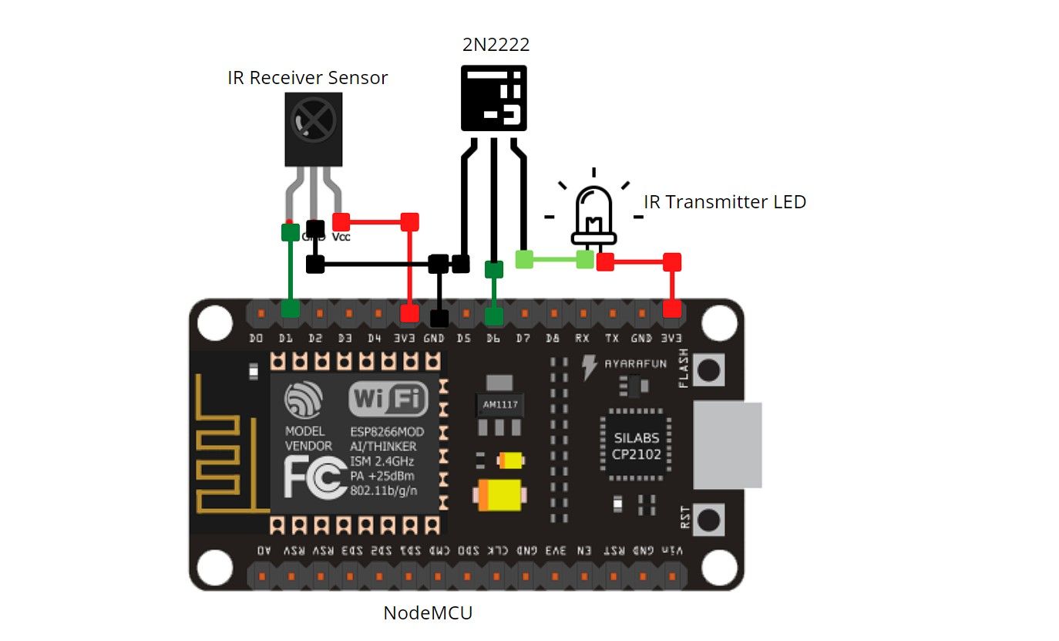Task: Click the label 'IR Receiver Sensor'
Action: click(x=307, y=78)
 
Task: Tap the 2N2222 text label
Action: click(x=496, y=45)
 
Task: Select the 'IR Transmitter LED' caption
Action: click(x=724, y=202)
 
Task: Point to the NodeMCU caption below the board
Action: click(x=427, y=613)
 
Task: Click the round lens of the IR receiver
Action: click(x=313, y=120)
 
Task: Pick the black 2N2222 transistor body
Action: click(x=493, y=97)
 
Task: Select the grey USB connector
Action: click(x=728, y=444)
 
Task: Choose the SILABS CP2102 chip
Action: click(x=637, y=446)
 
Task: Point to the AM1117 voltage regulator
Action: click(x=500, y=404)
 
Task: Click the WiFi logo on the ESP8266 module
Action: click(x=388, y=399)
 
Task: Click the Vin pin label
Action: click(x=672, y=551)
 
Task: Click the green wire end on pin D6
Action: click(x=494, y=315)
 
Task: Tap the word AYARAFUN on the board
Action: click(x=636, y=363)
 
